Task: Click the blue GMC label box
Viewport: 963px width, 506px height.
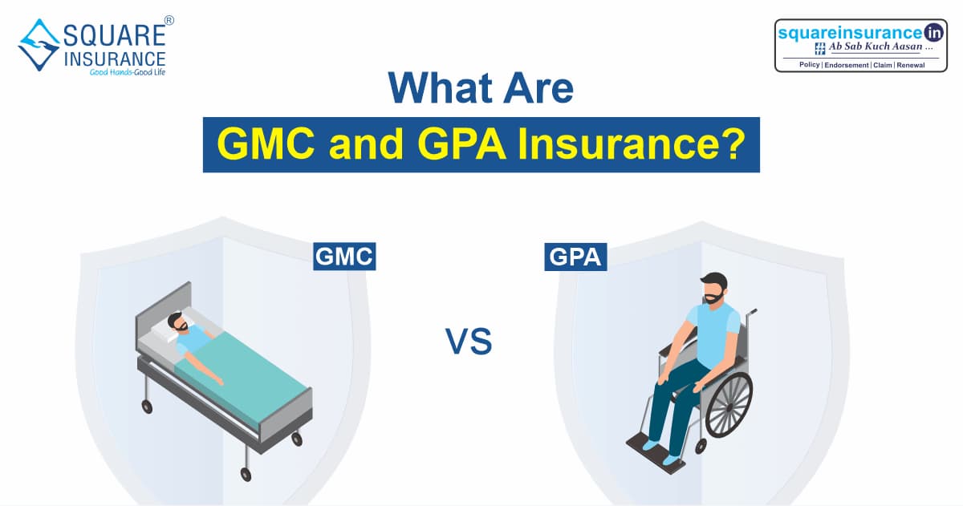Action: click(344, 257)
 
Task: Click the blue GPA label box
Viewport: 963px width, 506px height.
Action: click(575, 257)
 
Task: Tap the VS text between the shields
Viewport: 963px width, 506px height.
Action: click(469, 342)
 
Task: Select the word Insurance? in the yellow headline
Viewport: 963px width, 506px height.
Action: click(632, 144)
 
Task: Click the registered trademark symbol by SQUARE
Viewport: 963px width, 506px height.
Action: click(169, 20)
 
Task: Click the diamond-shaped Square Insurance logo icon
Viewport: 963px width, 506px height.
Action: click(39, 45)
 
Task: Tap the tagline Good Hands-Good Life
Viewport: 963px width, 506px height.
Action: click(128, 72)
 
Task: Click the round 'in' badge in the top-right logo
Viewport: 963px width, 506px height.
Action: click(934, 33)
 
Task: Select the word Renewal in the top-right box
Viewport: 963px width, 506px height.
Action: click(911, 65)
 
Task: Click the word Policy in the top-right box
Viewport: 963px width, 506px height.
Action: click(809, 64)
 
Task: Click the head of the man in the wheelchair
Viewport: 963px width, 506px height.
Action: click(713, 288)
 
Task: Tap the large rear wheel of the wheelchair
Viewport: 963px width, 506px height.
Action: click(729, 405)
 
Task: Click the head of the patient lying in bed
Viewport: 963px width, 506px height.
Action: click(177, 322)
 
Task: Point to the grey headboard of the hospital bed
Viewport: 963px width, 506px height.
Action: click(164, 310)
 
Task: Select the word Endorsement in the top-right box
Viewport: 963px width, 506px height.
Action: click(846, 65)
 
